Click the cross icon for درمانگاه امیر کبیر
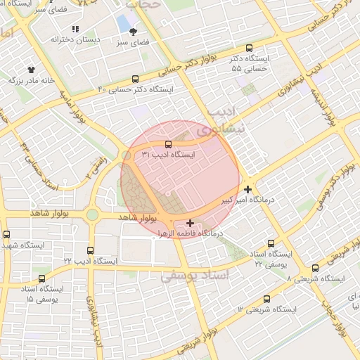[247, 189]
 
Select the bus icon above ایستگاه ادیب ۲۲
[90, 250]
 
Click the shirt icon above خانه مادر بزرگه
[32, 70]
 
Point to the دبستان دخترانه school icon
[75, 30]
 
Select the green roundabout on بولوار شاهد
[92, 214]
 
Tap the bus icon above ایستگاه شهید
[7, 235]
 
